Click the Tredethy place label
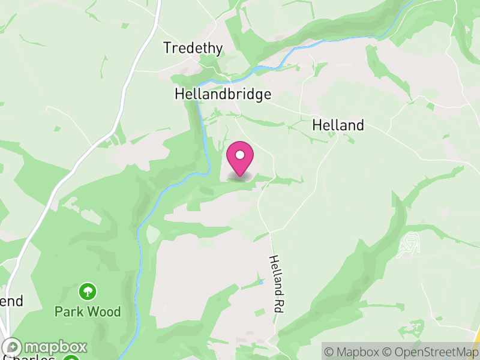[193, 48]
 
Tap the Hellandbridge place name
[223, 94]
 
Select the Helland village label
[338, 125]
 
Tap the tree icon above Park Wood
[88, 292]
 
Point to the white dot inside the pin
[240, 155]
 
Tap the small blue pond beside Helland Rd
[261, 281]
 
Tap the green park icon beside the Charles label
[71, 358]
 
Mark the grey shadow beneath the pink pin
[240, 176]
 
